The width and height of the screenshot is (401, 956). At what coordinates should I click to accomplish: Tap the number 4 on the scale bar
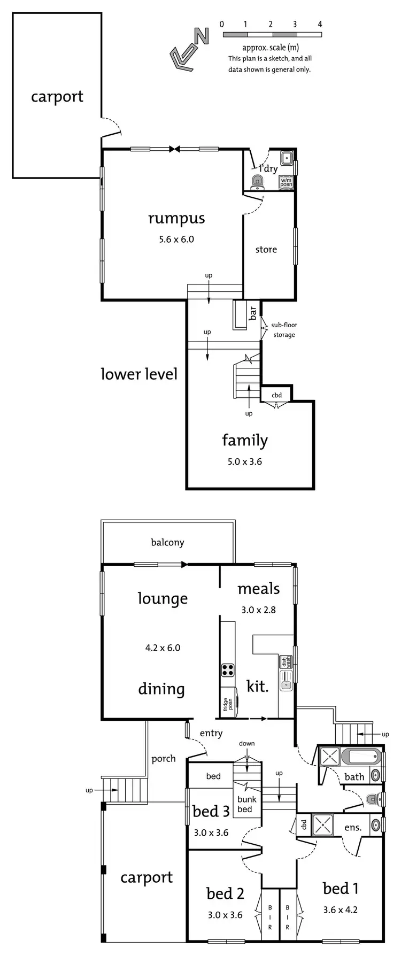tap(320, 24)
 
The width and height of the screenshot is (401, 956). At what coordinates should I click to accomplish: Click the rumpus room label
tap(176, 218)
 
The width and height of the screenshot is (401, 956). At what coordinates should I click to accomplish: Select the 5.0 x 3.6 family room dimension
tap(245, 461)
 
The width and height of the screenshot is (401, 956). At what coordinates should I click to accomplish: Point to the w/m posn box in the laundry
tap(287, 182)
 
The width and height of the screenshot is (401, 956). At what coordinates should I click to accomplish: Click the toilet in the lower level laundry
tap(258, 183)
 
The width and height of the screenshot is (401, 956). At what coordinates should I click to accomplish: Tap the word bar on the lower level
tap(253, 312)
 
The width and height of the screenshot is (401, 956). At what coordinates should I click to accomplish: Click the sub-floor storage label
tap(284, 330)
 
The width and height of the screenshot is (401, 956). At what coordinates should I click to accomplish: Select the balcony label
tap(167, 542)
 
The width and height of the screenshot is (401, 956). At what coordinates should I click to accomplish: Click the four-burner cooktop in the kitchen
tap(228, 670)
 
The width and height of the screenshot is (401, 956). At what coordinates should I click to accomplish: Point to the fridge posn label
tap(226, 704)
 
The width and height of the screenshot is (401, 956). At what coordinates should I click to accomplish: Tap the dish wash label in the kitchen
tap(285, 662)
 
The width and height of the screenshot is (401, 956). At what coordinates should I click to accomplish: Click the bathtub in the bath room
tap(360, 758)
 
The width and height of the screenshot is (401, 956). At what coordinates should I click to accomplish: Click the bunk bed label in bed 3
tap(247, 804)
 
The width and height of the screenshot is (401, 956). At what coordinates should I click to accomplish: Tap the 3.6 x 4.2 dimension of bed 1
tap(340, 909)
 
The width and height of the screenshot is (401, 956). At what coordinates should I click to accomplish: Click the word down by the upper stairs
tap(247, 743)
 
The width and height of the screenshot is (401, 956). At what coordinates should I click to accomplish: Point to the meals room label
tap(259, 589)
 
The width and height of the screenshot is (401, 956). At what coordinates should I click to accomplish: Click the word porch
tap(164, 758)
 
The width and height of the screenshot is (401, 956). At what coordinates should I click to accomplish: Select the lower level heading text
tap(139, 374)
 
